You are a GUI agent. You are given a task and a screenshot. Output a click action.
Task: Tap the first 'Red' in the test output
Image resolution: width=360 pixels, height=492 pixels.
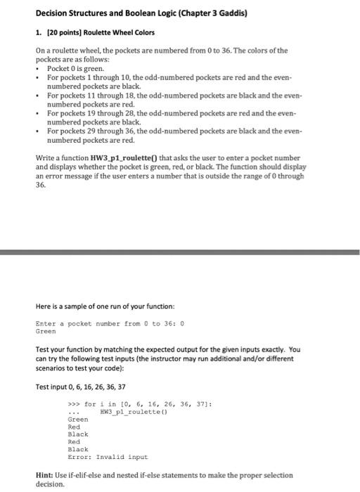(x=73, y=427)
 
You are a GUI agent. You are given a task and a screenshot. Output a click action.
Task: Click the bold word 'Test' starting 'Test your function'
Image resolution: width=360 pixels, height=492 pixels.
(x=44, y=349)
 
